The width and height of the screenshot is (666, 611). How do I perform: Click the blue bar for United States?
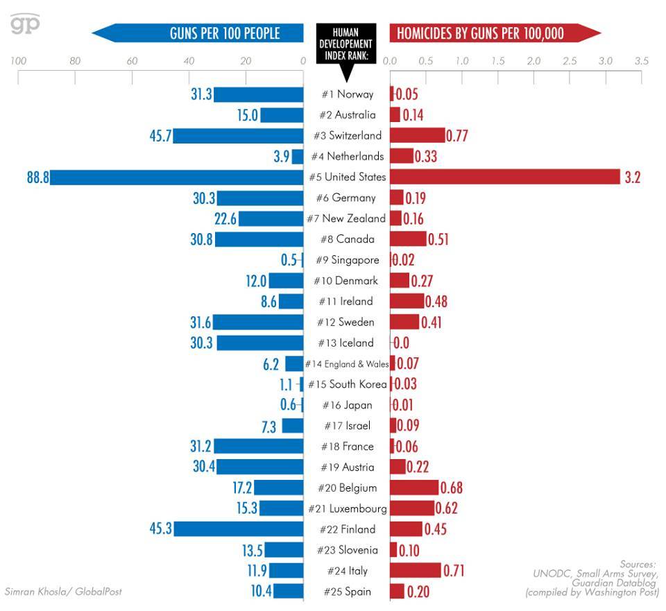coord(177,177)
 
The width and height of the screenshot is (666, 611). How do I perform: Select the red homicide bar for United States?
coord(504,177)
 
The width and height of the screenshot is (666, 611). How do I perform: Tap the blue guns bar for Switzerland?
coord(238,135)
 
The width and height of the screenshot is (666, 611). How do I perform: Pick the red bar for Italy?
coord(415,571)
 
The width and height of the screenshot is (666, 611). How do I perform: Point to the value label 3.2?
coord(632,178)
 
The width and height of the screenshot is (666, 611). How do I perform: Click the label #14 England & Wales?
coord(346,364)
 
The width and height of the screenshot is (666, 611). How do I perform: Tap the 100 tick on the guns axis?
coord(18,61)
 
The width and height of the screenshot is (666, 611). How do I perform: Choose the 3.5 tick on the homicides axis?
coord(642,61)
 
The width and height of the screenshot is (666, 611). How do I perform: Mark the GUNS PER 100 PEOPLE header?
coord(224,33)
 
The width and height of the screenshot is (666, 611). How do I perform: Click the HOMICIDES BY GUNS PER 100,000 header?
coord(480,33)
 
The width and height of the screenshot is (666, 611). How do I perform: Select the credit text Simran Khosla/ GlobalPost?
coord(63,592)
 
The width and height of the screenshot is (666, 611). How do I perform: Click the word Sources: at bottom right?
coord(638,565)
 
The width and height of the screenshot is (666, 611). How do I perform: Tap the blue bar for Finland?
coord(239,529)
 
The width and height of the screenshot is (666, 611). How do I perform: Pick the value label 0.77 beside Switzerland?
coord(457,136)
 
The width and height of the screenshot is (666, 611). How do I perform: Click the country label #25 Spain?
coord(347,592)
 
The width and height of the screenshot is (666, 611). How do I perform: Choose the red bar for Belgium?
coord(414,488)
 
